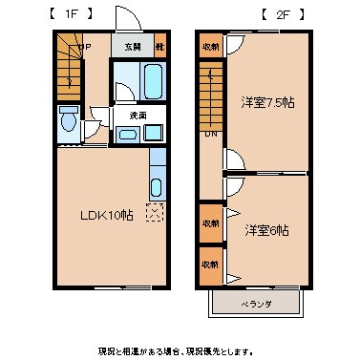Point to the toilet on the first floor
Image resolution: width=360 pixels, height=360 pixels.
(x=69, y=122)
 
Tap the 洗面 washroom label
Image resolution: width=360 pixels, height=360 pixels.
(x=138, y=115)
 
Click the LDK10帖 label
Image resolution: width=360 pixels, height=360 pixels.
(x=105, y=215)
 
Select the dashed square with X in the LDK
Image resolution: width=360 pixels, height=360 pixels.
(x=154, y=212)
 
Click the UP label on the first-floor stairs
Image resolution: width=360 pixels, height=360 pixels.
(x=85, y=46)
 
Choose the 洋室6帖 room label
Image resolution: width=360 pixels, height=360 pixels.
(x=265, y=230)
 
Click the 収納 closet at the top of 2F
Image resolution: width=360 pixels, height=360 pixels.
(x=209, y=46)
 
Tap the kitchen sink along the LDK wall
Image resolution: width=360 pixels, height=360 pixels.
(x=158, y=181)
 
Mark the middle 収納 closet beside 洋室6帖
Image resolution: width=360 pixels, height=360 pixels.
(x=209, y=222)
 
